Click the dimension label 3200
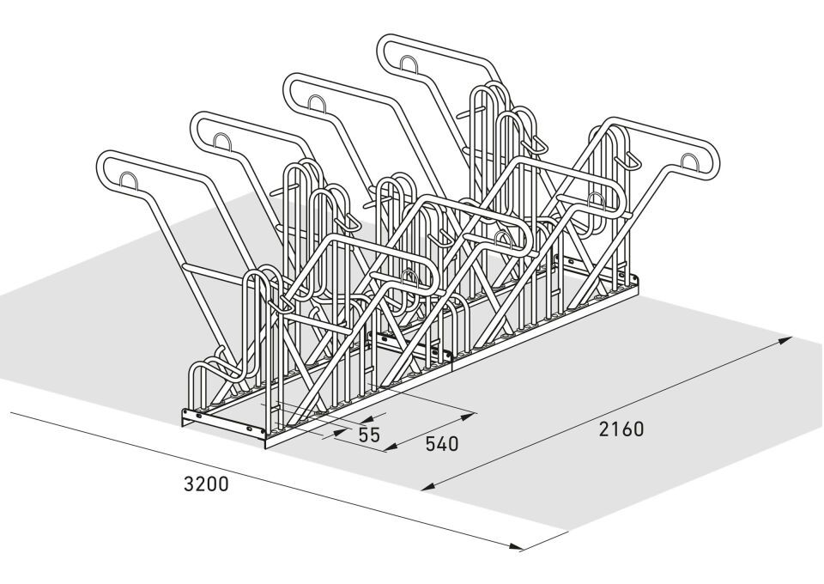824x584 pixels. (207, 484)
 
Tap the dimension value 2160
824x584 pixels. (621, 429)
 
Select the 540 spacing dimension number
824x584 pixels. (442, 444)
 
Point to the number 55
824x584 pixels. (369, 435)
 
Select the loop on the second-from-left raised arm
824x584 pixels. (221, 140)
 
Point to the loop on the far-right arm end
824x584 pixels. (690, 158)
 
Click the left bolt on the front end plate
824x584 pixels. (199, 417)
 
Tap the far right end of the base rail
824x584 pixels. (637, 281)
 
